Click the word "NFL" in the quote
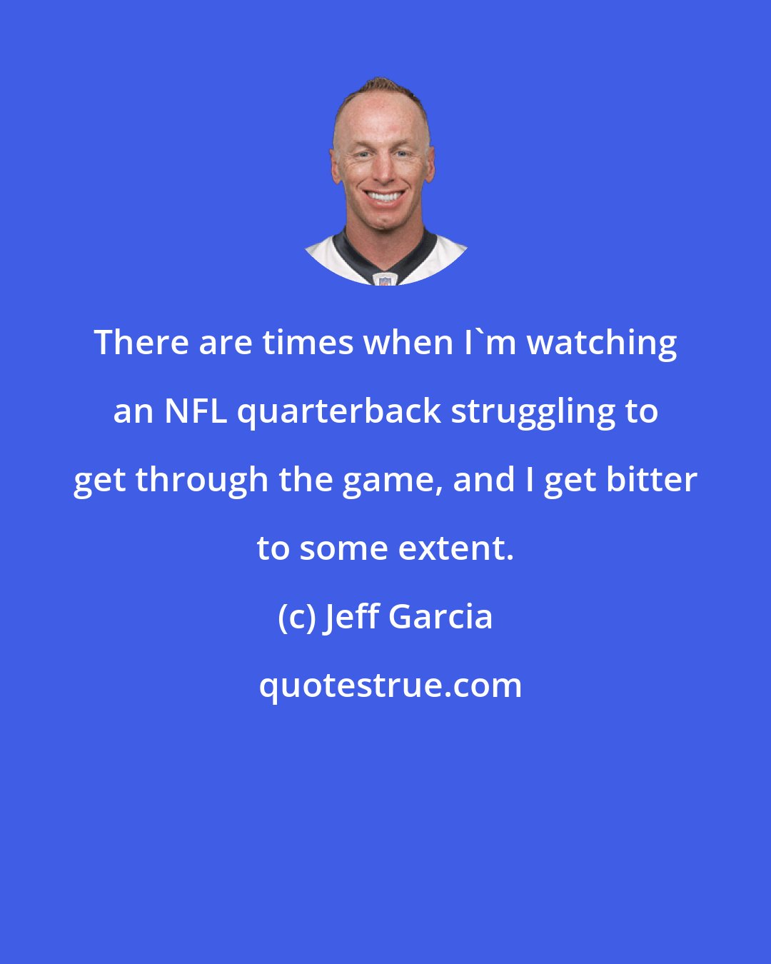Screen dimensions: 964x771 tap(196, 411)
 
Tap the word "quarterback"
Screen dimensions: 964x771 tap(339, 412)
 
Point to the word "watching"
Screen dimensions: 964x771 tap(602, 343)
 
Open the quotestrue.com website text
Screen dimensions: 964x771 tap(390, 686)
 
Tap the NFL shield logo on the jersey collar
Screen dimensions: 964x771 tap(385, 278)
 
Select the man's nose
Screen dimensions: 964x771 tap(383, 171)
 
